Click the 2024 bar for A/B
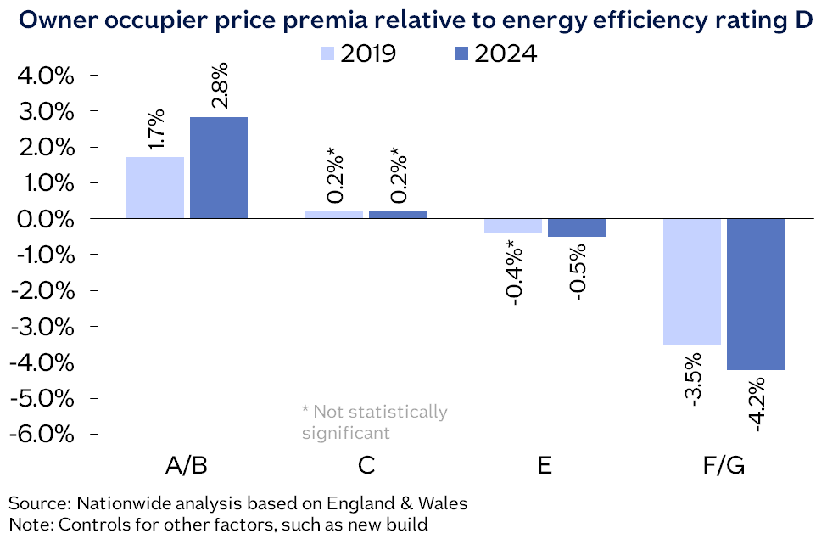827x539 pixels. [219, 167]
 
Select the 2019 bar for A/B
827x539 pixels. [155, 188]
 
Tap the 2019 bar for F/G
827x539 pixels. [692, 282]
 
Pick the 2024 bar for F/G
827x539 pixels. [756, 294]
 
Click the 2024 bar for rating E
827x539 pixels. [577, 227]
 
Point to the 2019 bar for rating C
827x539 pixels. [333, 215]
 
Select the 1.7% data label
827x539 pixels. [156, 129]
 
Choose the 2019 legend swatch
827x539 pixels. [327, 53]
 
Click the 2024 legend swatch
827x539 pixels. [459, 53]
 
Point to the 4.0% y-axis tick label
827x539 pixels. [47, 76]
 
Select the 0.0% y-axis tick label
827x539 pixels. [47, 219]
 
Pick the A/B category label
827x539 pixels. [187, 466]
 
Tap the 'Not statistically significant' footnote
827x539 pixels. [374, 422]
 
